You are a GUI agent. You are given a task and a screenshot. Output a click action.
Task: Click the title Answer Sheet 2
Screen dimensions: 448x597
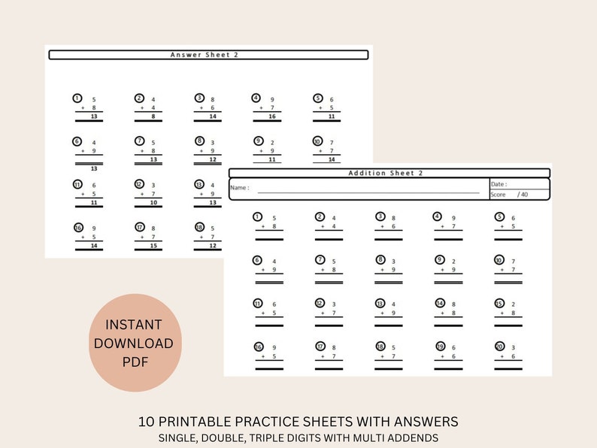208,55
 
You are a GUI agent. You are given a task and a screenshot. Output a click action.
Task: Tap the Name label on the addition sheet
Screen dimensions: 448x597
239,188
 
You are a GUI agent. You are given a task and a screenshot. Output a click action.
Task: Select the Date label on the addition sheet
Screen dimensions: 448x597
499,184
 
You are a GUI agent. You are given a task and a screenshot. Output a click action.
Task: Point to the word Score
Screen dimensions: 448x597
498,195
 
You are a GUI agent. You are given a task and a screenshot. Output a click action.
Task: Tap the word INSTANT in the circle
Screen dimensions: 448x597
133,325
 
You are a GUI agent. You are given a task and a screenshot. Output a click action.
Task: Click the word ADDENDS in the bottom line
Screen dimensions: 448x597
415,437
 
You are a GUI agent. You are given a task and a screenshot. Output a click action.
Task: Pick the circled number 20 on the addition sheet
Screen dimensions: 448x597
499,347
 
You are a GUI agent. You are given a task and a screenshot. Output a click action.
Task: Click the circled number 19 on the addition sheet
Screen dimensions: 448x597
440,347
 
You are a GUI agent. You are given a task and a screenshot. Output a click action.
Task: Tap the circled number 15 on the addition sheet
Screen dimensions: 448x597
499,303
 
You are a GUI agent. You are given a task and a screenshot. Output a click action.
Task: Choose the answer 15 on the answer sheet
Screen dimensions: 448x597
153,246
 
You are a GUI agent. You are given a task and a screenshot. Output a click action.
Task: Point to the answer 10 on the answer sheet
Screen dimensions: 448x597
153,203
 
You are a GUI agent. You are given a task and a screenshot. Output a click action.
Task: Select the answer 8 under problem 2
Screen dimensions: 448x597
153,117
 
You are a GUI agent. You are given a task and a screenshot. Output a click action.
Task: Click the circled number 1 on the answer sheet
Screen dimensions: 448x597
77,98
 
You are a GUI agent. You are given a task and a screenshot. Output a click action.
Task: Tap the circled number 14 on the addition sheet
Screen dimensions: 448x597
440,303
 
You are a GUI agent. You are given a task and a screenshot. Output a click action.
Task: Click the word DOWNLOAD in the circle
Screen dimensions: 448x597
133,344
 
